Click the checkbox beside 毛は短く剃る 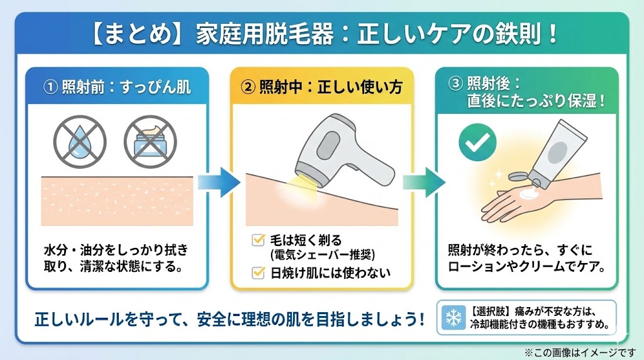(x=257, y=240)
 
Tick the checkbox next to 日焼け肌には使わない (x=257, y=273)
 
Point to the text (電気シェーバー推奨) (x=322, y=254)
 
